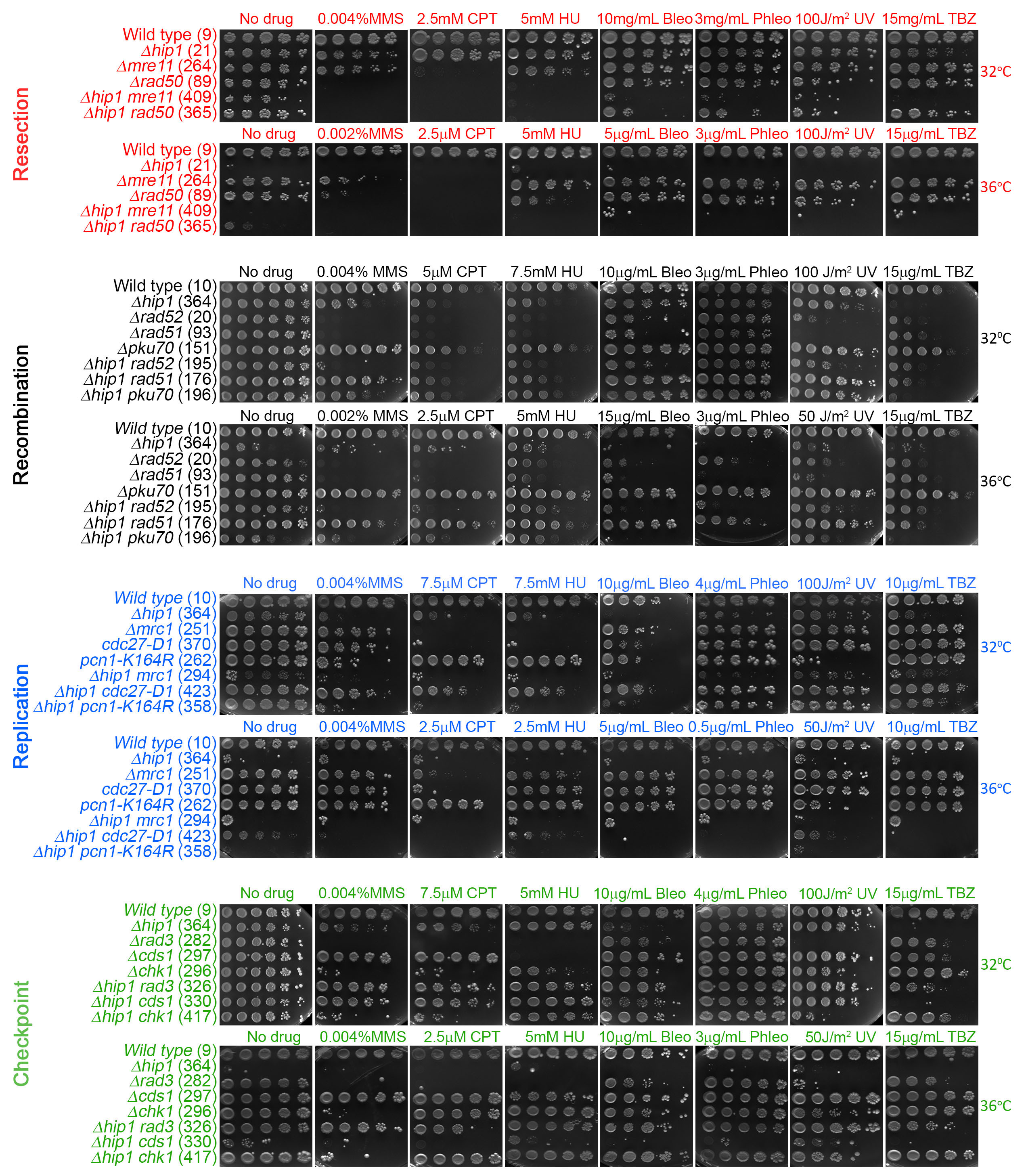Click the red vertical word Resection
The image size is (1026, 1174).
21,134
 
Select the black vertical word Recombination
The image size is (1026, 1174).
21,415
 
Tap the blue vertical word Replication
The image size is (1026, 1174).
21,716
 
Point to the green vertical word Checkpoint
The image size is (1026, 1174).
21,1034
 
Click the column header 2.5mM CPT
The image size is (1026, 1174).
456,19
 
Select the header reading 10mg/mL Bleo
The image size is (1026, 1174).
644,19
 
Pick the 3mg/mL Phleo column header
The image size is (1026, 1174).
743,19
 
